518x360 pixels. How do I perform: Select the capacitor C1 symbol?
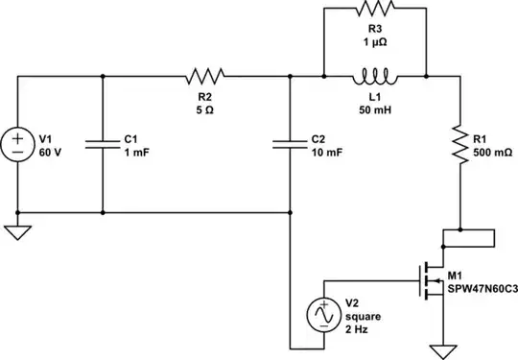(102, 145)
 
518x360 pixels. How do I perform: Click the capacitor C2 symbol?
(289, 145)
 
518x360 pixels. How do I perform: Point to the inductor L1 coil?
(373, 75)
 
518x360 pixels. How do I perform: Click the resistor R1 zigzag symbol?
(460, 145)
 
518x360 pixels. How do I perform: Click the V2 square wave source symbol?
(323, 314)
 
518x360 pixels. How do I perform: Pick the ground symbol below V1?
(18, 233)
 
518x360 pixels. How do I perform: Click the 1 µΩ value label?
(373, 42)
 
